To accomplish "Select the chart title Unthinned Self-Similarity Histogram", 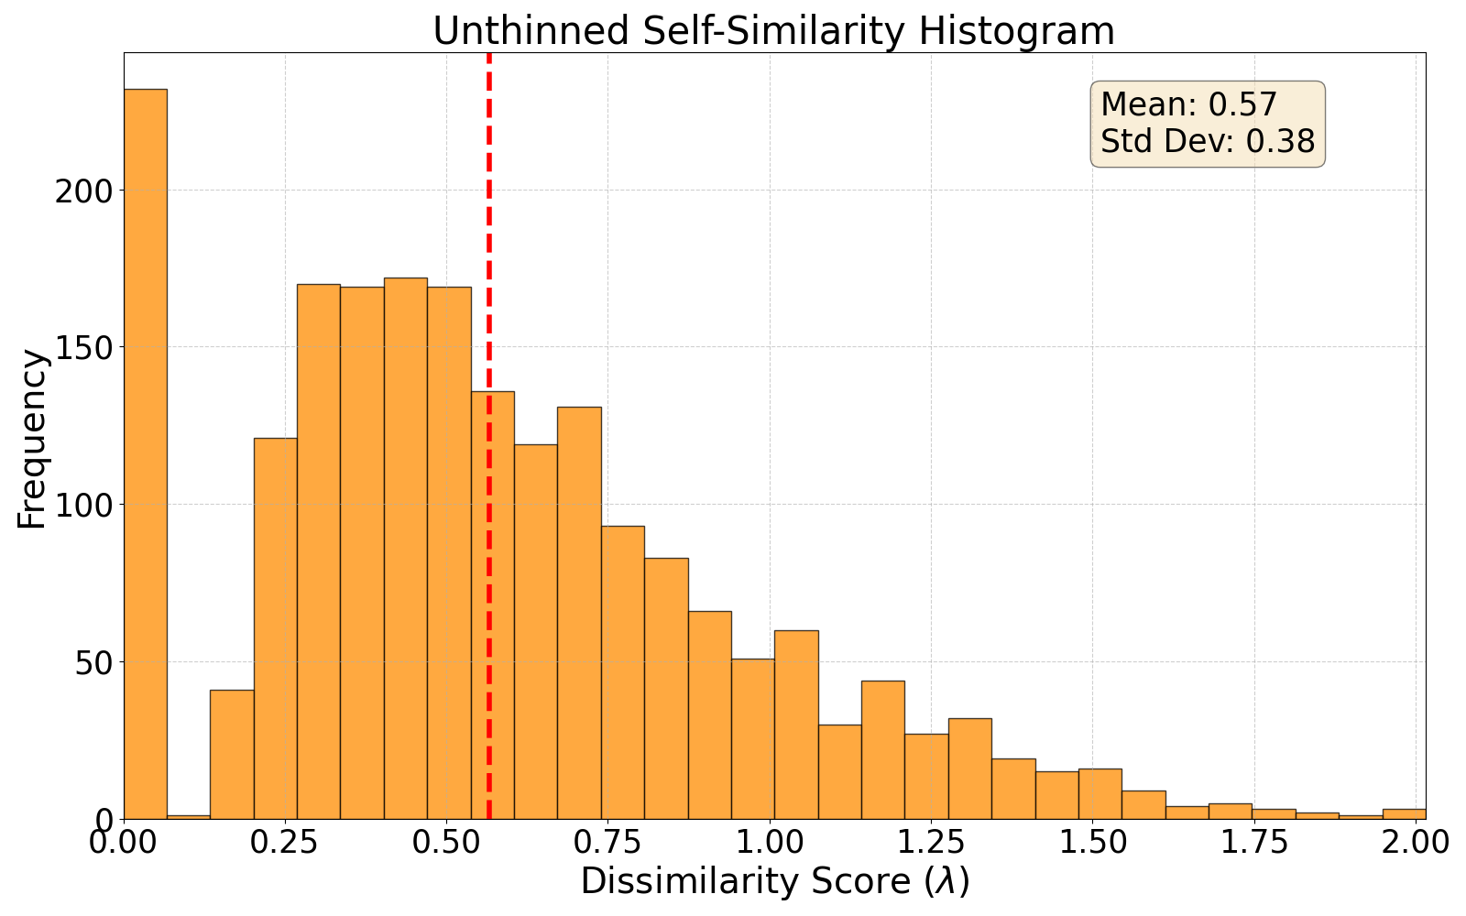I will [x=773, y=31].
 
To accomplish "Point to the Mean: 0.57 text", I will [x=1188, y=104].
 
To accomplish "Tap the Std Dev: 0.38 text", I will [x=1207, y=142].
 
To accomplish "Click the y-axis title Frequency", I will [x=32, y=439].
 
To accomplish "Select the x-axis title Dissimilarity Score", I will [x=774, y=881].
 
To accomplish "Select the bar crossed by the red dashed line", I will [x=493, y=605].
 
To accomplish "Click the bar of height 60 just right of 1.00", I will [x=796, y=725].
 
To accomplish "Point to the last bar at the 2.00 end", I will [x=1404, y=814].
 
